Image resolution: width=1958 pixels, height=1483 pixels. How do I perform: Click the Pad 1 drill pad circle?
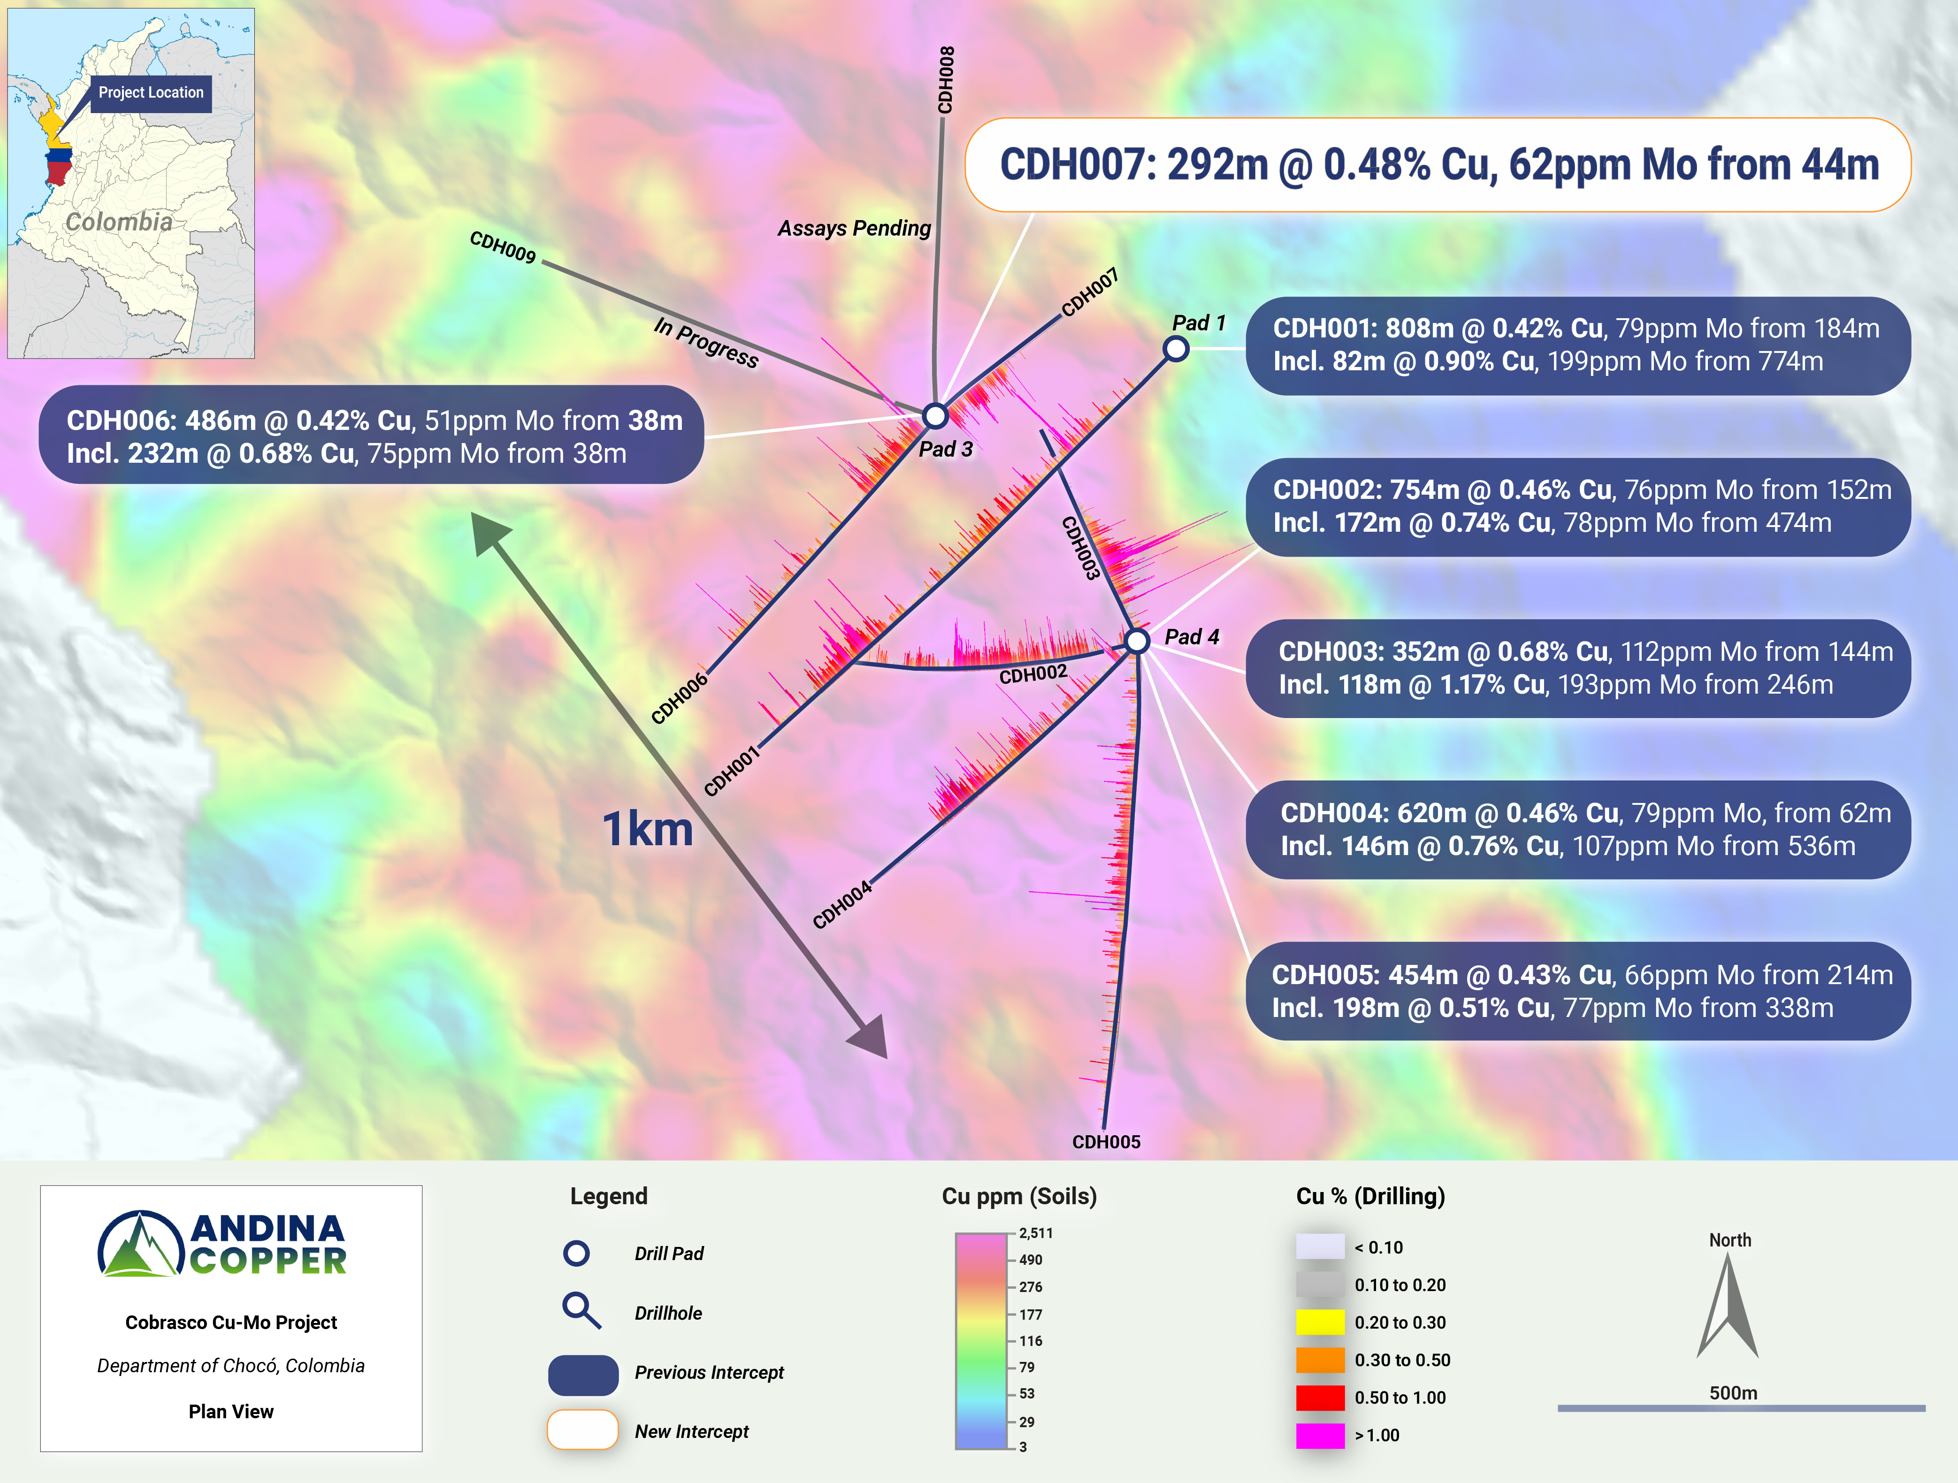point(1176,349)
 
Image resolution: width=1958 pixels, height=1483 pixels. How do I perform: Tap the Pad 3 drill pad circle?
point(935,415)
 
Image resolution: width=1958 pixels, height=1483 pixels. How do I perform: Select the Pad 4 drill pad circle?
point(1137,640)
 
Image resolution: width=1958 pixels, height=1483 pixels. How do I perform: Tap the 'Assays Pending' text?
point(854,229)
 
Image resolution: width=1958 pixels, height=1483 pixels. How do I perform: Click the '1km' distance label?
point(647,830)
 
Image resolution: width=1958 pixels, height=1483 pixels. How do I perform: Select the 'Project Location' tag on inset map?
point(151,93)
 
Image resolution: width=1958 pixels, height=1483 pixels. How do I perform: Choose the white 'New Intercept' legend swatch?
point(582,1430)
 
